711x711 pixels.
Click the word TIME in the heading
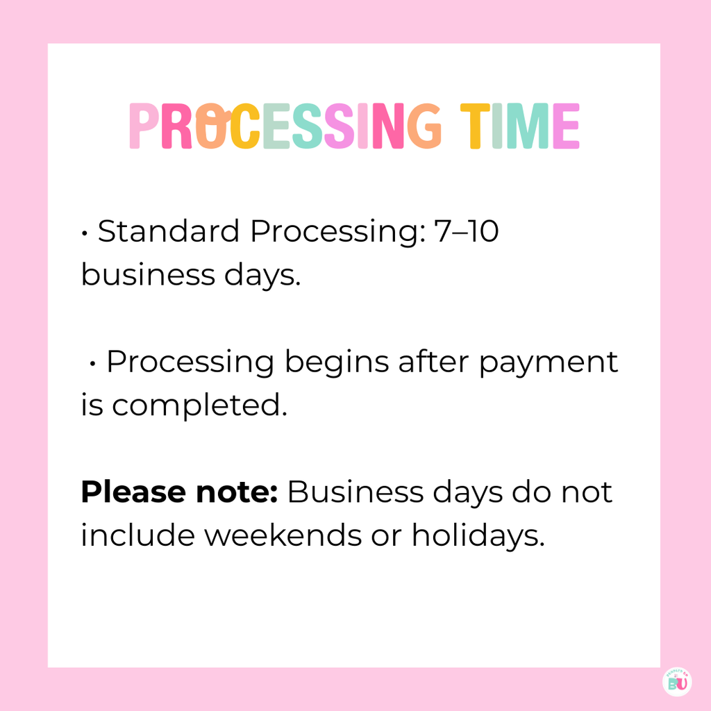pyautogui.click(x=520, y=126)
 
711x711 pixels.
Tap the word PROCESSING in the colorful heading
pyautogui.click(x=285, y=126)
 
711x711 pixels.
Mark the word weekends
pyautogui.click(x=271, y=535)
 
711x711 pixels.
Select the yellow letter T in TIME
pyautogui.click(x=475, y=126)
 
